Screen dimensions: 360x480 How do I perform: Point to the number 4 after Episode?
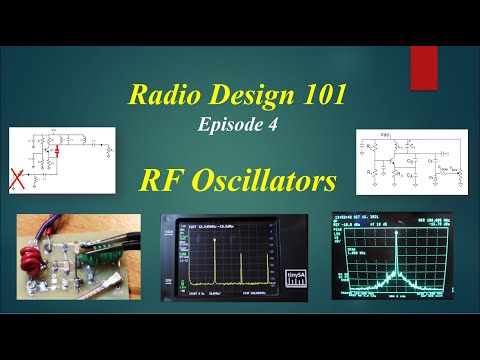pos(268,126)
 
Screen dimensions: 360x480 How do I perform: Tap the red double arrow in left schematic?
pos(58,152)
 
